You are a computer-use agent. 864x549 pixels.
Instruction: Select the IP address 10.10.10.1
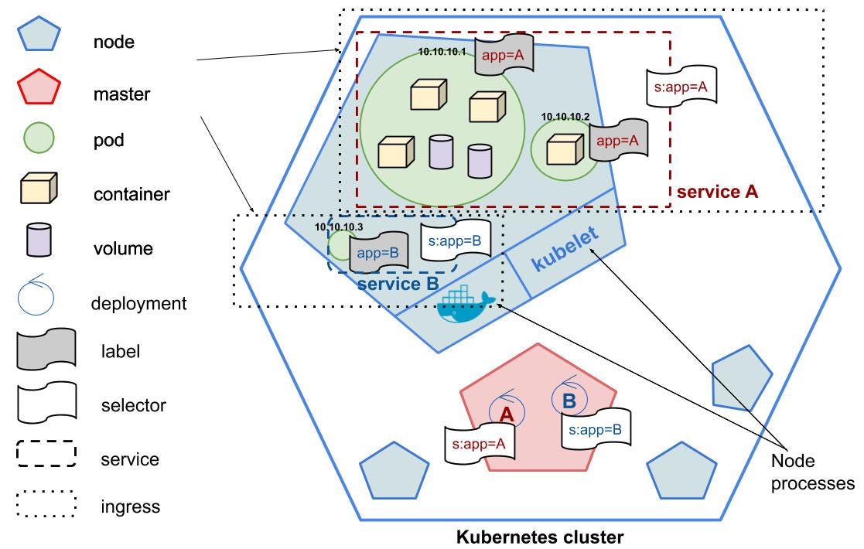click(x=442, y=52)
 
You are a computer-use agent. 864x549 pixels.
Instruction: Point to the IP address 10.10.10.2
click(x=565, y=117)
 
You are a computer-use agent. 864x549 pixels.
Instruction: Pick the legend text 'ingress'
click(x=130, y=507)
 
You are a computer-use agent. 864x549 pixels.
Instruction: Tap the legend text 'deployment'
click(x=138, y=303)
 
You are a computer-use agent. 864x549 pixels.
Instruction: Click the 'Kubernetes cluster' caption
click(x=539, y=536)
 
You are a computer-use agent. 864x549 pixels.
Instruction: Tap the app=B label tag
click(x=378, y=252)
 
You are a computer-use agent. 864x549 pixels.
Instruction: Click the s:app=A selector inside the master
click(x=479, y=444)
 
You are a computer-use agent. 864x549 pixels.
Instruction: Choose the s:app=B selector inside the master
click(x=596, y=429)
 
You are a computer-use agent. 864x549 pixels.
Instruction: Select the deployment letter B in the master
click(x=569, y=401)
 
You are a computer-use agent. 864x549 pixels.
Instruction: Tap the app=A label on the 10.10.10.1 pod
click(x=504, y=56)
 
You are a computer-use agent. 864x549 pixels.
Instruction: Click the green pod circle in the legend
click(x=36, y=140)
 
